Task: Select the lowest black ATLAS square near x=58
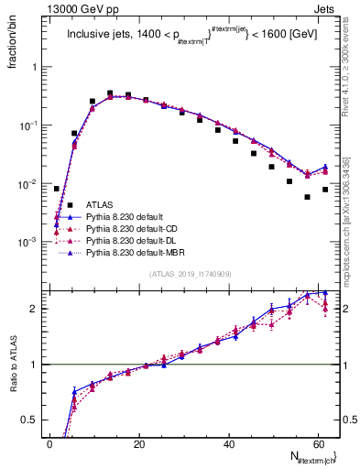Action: [308, 197]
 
